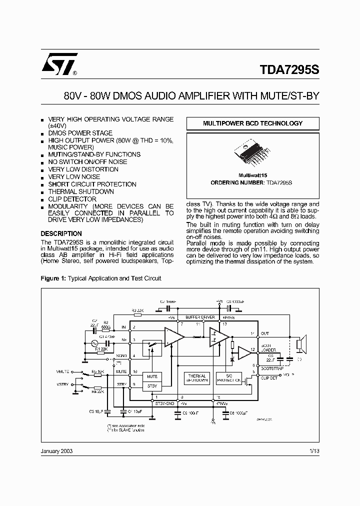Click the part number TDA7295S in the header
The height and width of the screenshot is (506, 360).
pyautogui.click(x=289, y=70)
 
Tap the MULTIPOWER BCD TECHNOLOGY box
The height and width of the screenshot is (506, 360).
pyautogui.click(x=252, y=123)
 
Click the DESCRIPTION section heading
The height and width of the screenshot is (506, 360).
pyautogui.click(x=61, y=233)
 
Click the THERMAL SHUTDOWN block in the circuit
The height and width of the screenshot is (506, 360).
pyautogui.click(x=197, y=377)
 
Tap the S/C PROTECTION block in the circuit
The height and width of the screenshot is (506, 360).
pyautogui.click(x=229, y=377)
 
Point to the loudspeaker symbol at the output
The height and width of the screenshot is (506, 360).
pyautogui.click(x=300, y=344)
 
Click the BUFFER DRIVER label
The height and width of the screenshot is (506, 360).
pyautogui.click(x=200, y=317)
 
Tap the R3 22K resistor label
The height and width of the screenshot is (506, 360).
pyautogui.click(x=137, y=310)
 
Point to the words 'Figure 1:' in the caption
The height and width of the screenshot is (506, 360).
pyautogui.click(x=53, y=278)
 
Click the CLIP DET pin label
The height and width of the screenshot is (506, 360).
pyautogui.click(x=268, y=378)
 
